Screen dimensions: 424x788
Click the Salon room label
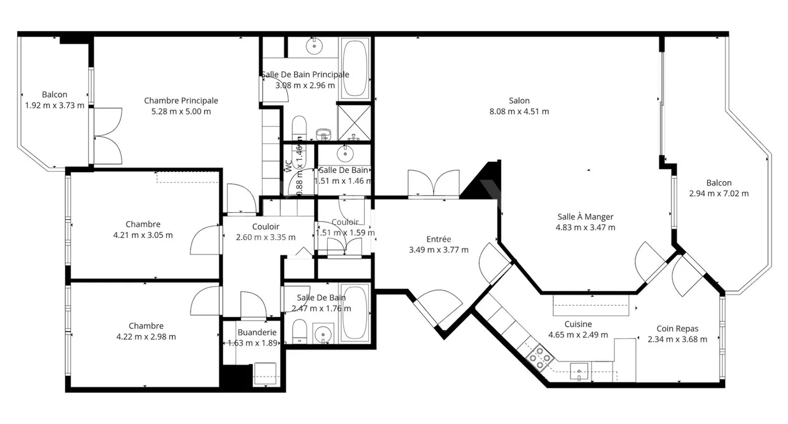point(519,101)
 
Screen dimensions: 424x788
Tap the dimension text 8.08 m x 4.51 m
point(519,112)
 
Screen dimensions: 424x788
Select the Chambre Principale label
point(181,101)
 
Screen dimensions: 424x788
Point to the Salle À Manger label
point(585,217)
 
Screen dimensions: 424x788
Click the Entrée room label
point(438,239)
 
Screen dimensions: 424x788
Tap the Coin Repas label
point(677,329)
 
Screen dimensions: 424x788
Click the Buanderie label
point(257,332)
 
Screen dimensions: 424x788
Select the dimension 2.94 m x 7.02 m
point(719,194)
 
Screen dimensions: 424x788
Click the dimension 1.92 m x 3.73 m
point(55,106)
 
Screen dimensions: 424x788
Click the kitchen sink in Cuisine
point(578,373)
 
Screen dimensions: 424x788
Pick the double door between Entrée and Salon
point(433,184)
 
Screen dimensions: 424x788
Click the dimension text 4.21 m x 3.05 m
point(142,235)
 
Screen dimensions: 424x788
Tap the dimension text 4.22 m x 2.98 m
point(146,337)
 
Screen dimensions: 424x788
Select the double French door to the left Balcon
point(107,135)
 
